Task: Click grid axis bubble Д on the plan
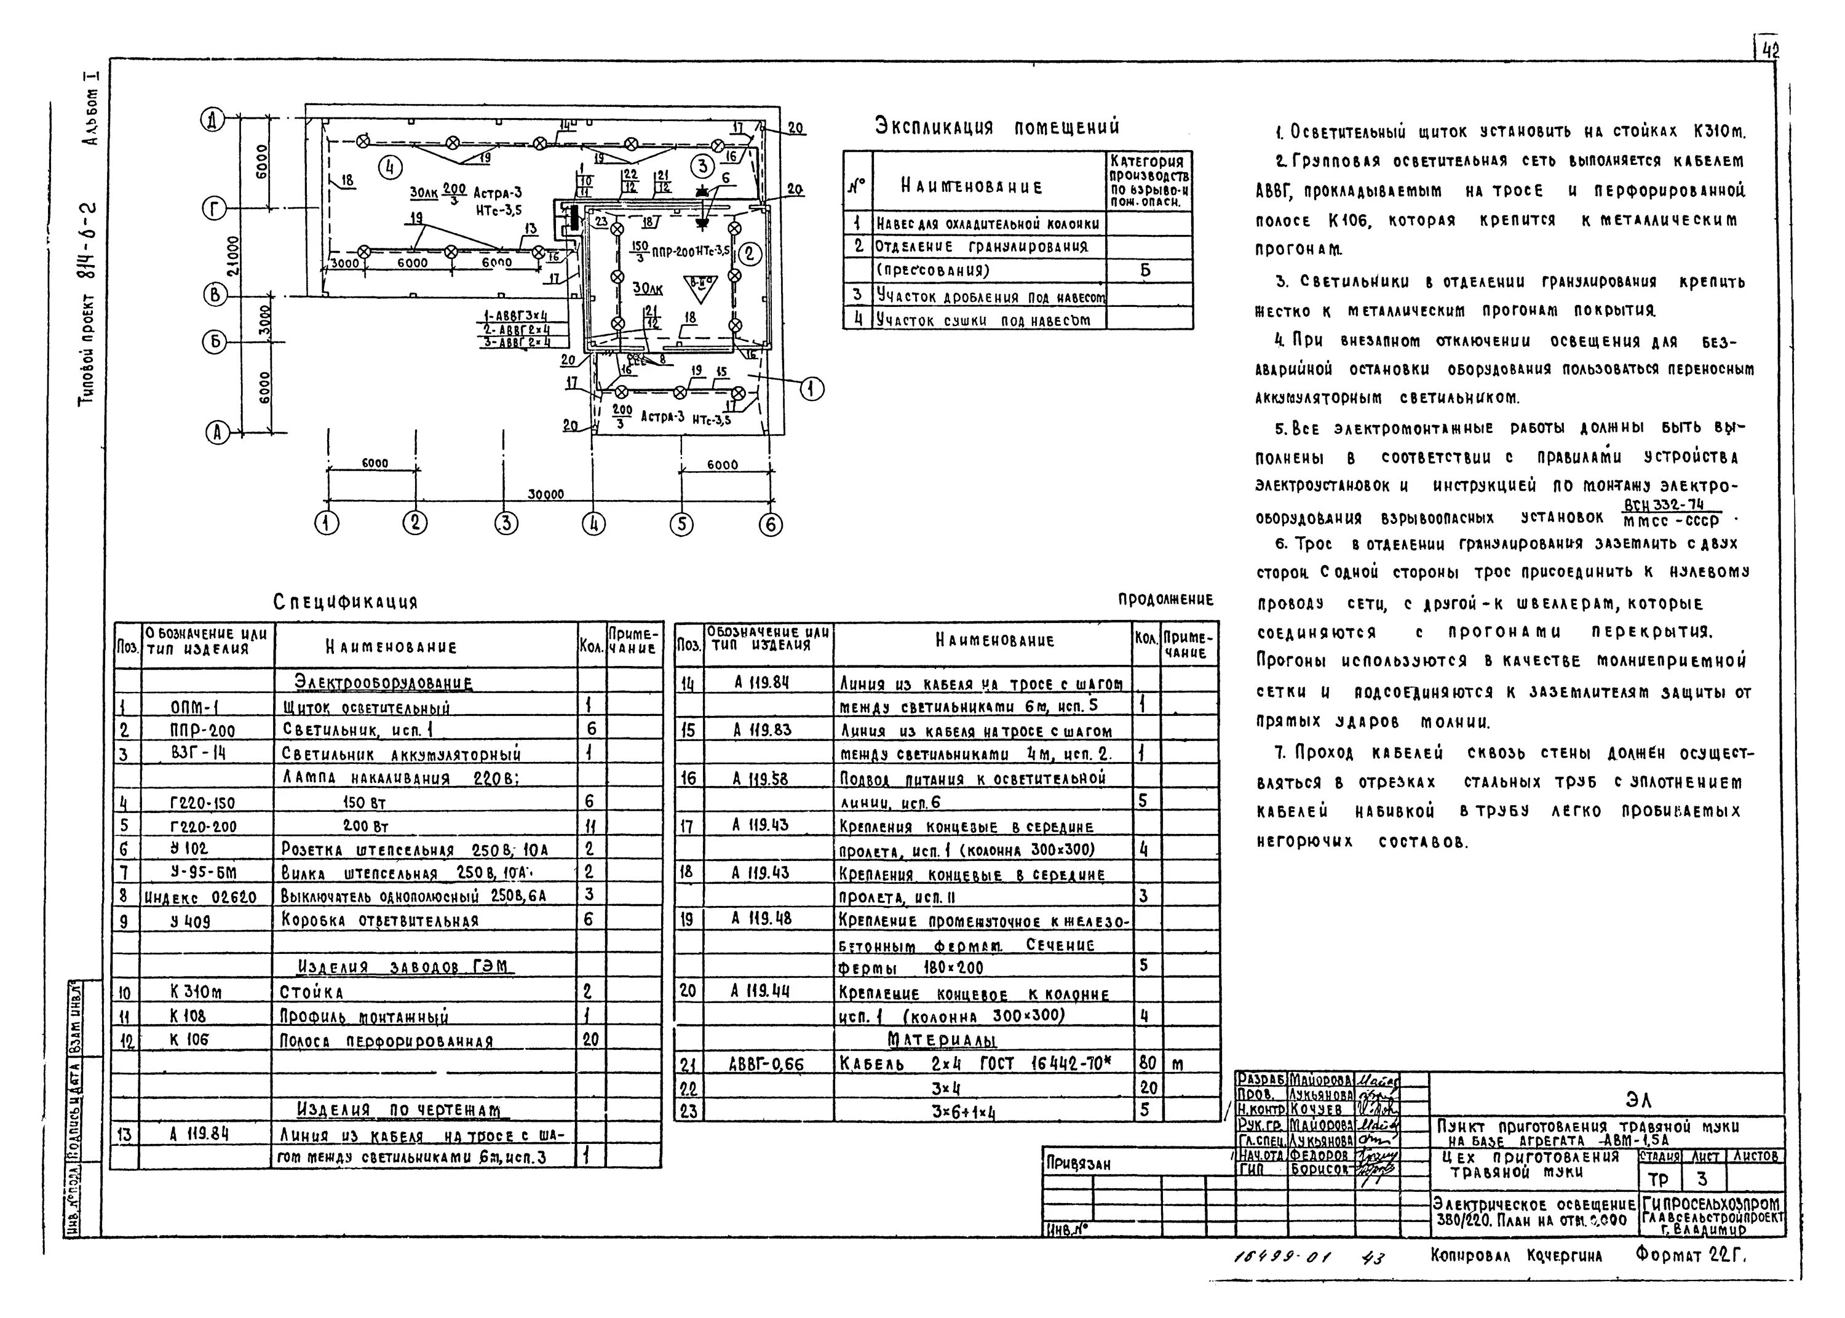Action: tap(213, 122)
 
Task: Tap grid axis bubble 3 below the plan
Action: tap(506, 523)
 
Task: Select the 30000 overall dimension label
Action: tap(547, 494)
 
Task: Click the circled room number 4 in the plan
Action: tap(391, 167)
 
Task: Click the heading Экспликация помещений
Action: tap(997, 127)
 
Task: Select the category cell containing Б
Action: tap(1145, 270)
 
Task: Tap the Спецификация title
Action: tap(346, 602)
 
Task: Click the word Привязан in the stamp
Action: tap(1078, 1164)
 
